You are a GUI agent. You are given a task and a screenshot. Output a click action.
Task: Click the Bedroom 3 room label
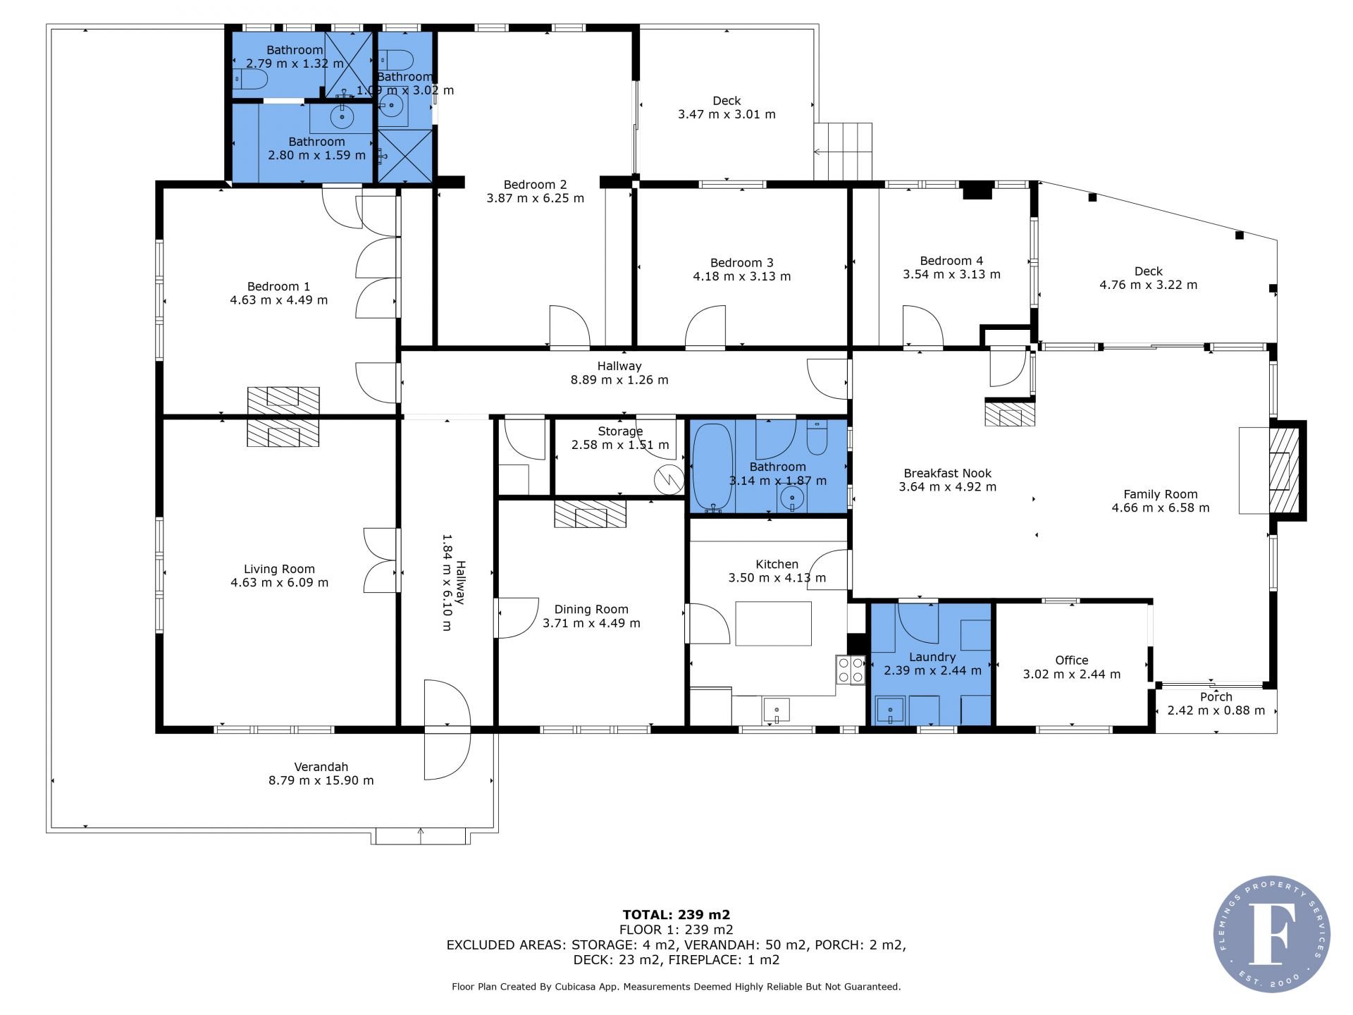(x=741, y=263)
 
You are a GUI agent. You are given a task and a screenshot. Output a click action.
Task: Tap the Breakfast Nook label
(x=947, y=474)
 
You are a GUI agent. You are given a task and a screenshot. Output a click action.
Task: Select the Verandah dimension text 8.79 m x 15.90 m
(x=321, y=780)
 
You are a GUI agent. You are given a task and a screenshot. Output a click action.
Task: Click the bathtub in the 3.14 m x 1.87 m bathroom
(x=712, y=466)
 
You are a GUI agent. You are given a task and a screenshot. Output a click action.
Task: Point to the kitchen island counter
(x=773, y=623)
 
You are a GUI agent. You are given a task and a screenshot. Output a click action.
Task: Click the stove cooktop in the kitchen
(x=851, y=669)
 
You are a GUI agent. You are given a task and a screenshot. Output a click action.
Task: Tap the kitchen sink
(x=776, y=710)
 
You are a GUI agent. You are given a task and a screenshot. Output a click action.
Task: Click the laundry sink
(x=891, y=710)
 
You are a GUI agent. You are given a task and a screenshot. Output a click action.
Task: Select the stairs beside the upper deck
(x=844, y=151)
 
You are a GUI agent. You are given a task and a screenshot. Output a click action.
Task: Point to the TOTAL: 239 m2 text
(x=676, y=915)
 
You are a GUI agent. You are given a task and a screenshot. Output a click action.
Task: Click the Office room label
(x=1071, y=660)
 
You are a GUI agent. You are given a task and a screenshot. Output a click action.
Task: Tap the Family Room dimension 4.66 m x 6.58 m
(x=1160, y=508)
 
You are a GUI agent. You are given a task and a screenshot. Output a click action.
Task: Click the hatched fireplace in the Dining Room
(x=590, y=514)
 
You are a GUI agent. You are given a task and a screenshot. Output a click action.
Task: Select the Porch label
(x=1216, y=697)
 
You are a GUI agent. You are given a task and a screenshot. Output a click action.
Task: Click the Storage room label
(x=620, y=431)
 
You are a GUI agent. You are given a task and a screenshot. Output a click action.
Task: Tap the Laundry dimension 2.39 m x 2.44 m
(x=932, y=670)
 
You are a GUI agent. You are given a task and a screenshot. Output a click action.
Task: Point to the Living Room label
(x=279, y=569)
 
